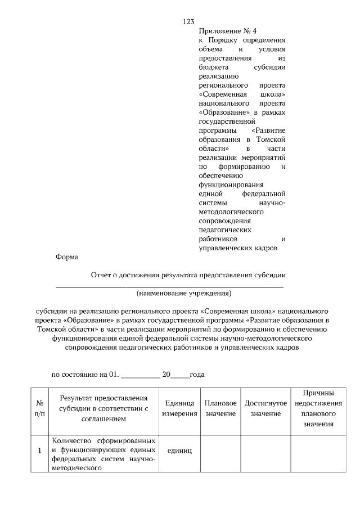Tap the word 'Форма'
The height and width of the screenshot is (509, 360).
point(67,258)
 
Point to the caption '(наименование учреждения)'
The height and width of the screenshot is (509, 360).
point(184,293)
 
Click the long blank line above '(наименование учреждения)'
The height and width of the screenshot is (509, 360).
point(169,287)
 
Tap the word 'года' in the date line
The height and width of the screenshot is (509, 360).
point(197,373)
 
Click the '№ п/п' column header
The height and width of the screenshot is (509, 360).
point(39,408)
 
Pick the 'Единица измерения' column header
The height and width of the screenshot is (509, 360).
point(180,408)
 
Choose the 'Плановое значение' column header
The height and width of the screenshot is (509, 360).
point(220,408)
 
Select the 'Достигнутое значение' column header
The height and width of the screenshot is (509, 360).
point(265,408)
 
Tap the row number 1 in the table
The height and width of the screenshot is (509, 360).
point(39,451)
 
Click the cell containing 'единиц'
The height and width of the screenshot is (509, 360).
point(180,451)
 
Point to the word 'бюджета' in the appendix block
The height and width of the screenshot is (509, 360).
point(215,67)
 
